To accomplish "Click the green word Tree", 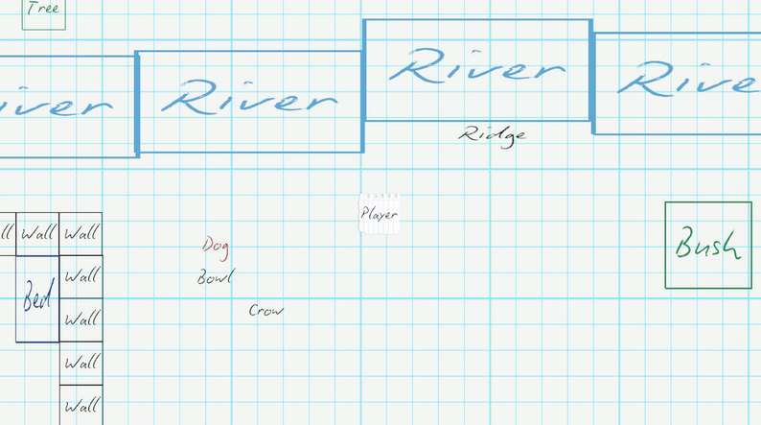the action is (43, 8).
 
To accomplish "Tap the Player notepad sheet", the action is (379, 214).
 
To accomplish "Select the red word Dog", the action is (216, 247).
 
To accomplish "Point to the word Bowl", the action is (216, 277).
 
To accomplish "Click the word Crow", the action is (265, 310).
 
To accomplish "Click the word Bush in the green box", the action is (707, 243).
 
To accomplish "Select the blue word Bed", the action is (36, 295).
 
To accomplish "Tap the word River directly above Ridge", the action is (477, 66).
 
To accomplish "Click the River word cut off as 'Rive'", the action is (689, 79).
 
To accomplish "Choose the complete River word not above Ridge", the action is (249, 97).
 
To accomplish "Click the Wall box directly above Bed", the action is (37, 234).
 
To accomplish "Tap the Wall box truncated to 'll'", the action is (8, 234).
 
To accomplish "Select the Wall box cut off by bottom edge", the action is (81, 405).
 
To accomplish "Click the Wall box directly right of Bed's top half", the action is (81, 277).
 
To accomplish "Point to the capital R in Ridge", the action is (470, 133).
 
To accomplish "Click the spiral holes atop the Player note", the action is (382, 197).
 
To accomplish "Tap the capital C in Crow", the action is (253, 310).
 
